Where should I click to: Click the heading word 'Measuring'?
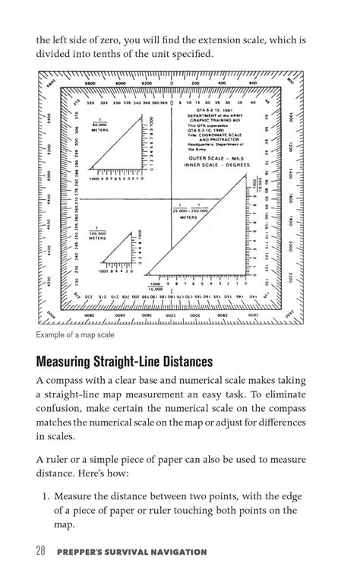click(71, 361)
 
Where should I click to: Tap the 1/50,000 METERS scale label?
click(99, 126)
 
